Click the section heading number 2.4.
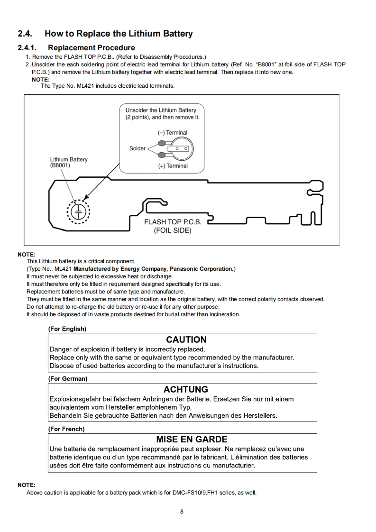click(x=25, y=34)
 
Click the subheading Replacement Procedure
click(x=91, y=48)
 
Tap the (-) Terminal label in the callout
click(x=173, y=133)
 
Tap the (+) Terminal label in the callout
click(x=173, y=166)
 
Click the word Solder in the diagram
click(x=138, y=148)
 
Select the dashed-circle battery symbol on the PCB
click(x=79, y=211)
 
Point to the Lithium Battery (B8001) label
click(x=69, y=163)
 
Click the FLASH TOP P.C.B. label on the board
click(x=173, y=222)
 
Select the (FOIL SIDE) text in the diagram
click(x=173, y=231)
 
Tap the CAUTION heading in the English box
click(x=186, y=340)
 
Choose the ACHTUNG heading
click(x=186, y=390)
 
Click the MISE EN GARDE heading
click(x=192, y=440)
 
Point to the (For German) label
click(x=68, y=379)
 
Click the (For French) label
click(x=66, y=429)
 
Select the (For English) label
click(x=67, y=329)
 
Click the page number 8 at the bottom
click(x=182, y=512)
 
